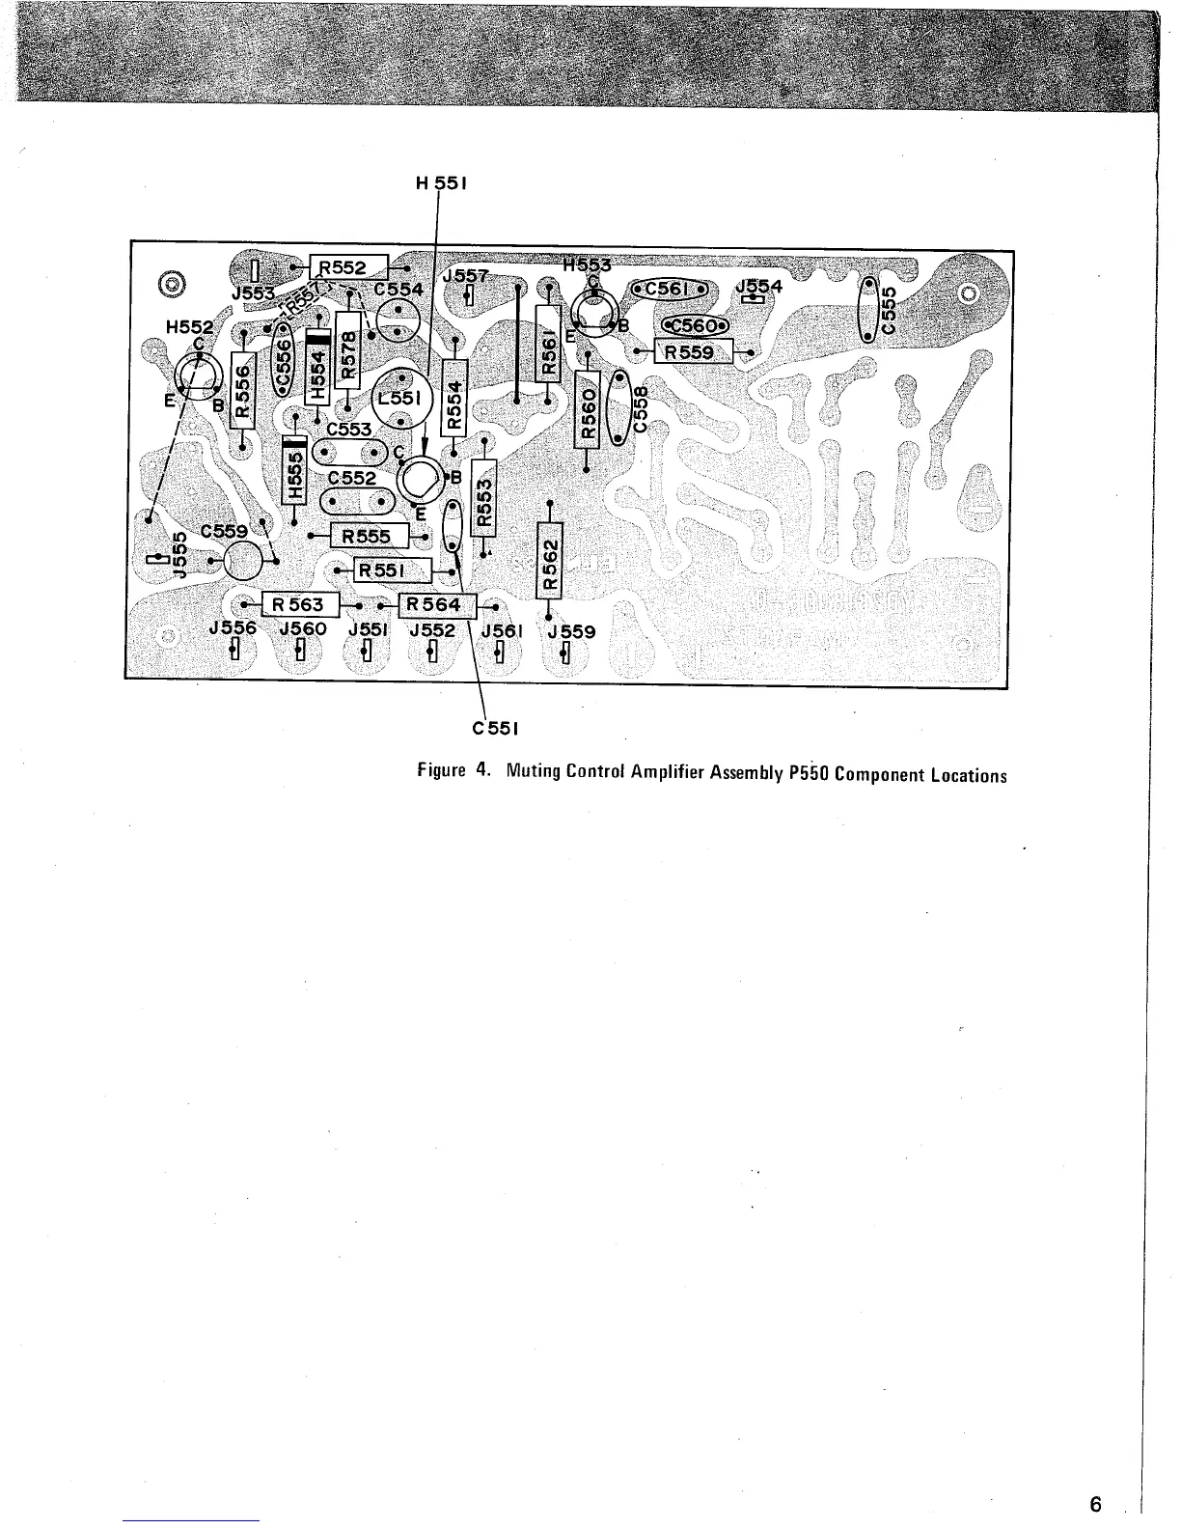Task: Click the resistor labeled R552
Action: point(347,267)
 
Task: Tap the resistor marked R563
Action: point(299,605)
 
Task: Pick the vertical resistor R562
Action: point(549,562)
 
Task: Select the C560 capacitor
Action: point(695,325)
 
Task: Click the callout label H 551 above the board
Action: point(441,181)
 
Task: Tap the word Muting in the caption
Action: point(531,773)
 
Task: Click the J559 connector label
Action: point(571,631)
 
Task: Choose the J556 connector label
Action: point(233,628)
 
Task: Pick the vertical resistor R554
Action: point(453,397)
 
